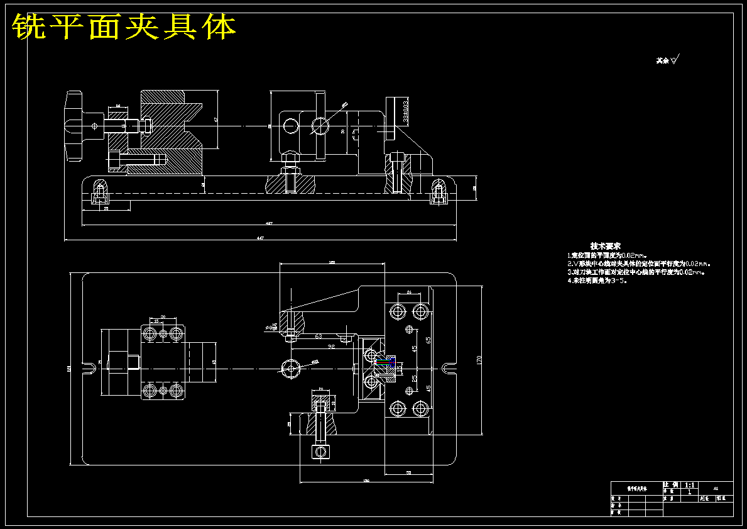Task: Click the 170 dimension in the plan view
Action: point(479,360)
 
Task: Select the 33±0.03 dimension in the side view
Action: point(406,110)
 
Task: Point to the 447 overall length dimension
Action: point(260,238)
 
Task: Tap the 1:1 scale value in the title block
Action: point(689,486)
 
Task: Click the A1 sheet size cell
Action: point(716,487)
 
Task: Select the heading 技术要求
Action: point(605,245)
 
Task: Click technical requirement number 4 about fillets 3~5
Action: point(597,281)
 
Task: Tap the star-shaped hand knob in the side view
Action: point(74,126)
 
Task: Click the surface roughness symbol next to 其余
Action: point(676,60)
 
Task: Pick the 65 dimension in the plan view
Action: point(428,340)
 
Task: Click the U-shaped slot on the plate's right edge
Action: point(449,368)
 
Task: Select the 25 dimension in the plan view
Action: point(414,378)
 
